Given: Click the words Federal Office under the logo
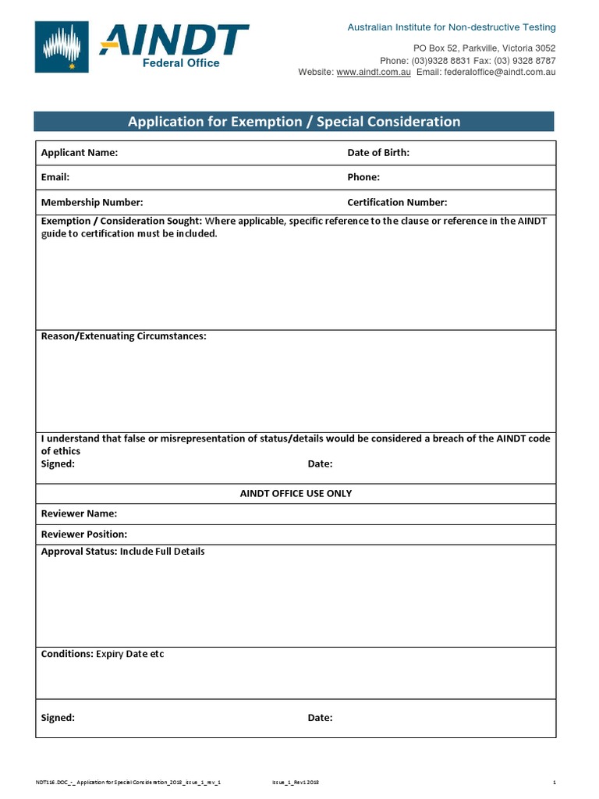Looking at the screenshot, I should (x=180, y=63).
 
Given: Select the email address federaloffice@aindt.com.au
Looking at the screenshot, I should (x=499, y=72).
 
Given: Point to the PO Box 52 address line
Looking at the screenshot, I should (x=484, y=48).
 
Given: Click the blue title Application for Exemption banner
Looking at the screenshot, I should (x=294, y=122).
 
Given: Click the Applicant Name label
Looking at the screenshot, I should (x=79, y=153).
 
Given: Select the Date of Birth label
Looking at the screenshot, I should (x=378, y=153).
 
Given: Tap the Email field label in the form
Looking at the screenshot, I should (x=55, y=178).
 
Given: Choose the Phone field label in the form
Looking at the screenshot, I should (x=363, y=178).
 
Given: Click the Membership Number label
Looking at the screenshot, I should (x=92, y=203).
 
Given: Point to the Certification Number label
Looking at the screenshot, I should (x=397, y=203).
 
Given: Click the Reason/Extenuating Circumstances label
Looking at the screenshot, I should (x=123, y=336).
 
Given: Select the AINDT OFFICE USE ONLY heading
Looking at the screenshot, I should (x=296, y=494).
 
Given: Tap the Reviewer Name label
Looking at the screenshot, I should (x=79, y=514).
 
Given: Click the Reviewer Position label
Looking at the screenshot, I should (x=83, y=534).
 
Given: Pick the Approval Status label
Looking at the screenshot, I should (x=78, y=552).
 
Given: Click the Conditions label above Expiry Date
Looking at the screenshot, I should (x=66, y=654).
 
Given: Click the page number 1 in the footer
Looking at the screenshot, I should (x=554, y=782).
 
